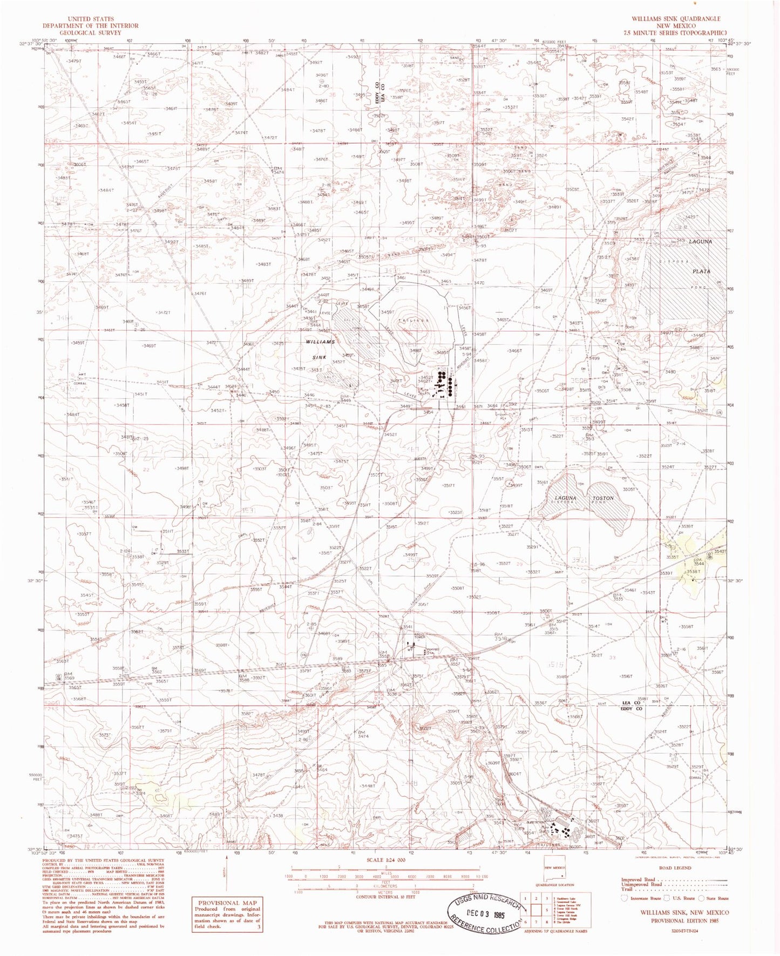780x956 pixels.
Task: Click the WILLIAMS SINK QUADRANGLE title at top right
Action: click(x=676, y=18)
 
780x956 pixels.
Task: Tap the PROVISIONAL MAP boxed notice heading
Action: click(x=227, y=903)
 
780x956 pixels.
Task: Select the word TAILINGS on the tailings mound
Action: click(x=413, y=320)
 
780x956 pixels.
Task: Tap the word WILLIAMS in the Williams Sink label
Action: click(x=320, y=342)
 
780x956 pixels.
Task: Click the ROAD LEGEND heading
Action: click(x=675, y=867)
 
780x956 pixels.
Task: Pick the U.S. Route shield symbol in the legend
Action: click(x=667, y=898)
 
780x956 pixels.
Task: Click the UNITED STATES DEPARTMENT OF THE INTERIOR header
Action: click(x=91, y=25)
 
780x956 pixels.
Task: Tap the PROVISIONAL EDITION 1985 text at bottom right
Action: click(x=689, y=920)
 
